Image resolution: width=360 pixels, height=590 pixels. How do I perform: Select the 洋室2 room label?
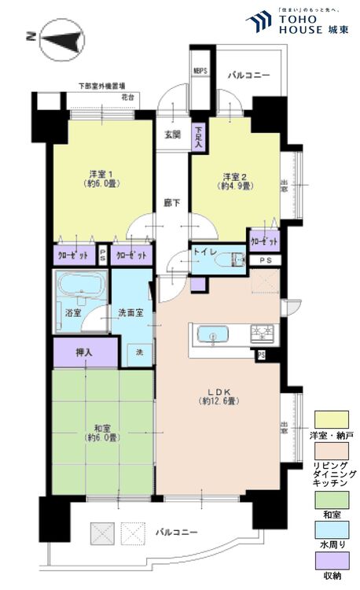(235, 180)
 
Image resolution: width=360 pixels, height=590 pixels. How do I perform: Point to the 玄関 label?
(172, 135)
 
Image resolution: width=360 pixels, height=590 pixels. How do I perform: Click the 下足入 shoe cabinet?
(200, 138)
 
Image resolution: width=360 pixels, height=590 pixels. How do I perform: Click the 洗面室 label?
(130, 312)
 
